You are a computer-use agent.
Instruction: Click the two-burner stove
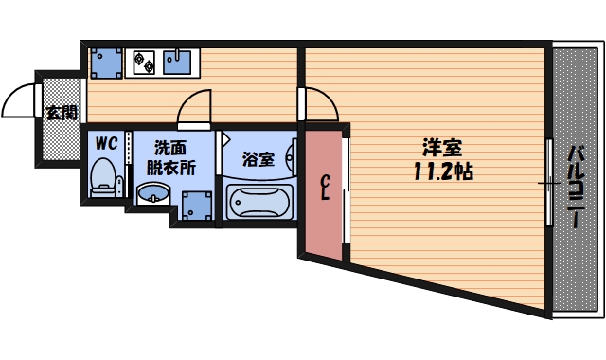click(146, 63)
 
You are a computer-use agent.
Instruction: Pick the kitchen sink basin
click(177, 63)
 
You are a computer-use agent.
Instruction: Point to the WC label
click(105, 144)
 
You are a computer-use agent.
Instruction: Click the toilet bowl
click(102, 177)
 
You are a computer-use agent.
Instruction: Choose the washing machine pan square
click(197, 204)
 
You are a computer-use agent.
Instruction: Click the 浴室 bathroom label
click(258, 159)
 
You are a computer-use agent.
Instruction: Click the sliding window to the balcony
click(549, 181)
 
